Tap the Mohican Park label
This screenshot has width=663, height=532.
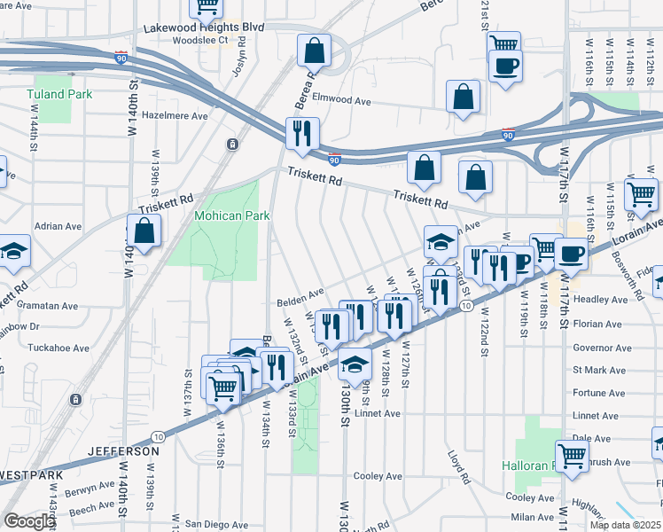point(232,215)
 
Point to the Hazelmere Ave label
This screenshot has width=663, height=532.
point(175,115)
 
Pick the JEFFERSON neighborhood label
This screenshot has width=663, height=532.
point(124,451)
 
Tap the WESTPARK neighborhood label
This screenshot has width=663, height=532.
point(31,475)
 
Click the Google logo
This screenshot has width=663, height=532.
point(28,521)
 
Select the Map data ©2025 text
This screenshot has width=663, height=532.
point(625,525)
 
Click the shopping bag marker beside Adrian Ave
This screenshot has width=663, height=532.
point(144,231)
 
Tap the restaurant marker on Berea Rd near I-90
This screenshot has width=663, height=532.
point(302,134)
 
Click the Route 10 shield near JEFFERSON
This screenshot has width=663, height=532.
point(157,436)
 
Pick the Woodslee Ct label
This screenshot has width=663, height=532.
point(200,40)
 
